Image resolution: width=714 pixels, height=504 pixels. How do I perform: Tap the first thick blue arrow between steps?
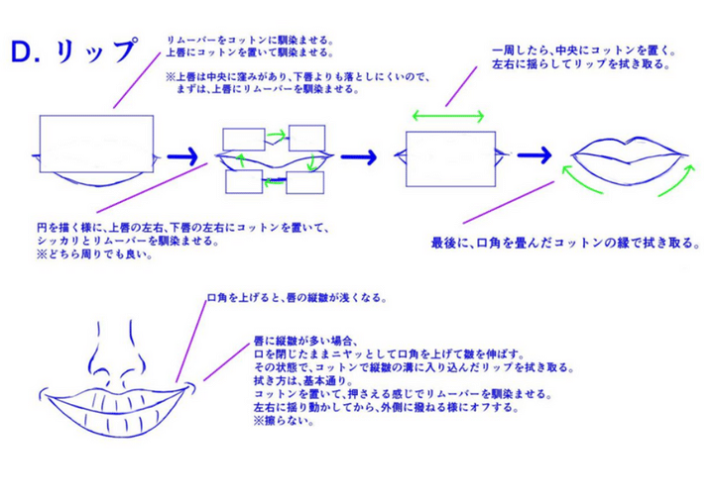pos(185,156)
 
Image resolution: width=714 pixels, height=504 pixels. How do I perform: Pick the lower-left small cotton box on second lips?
pos(243,181)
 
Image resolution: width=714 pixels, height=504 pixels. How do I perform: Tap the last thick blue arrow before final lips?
pos(533,156)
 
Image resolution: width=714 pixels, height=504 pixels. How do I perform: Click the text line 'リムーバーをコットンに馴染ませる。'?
pos(248,40)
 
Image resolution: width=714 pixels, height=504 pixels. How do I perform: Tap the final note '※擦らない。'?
pos(283,419)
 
